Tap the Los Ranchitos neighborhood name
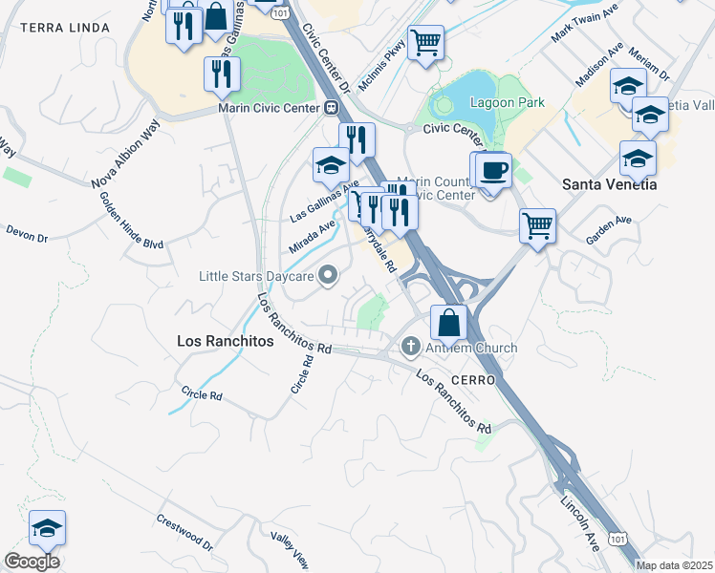pyautogui.click(x=226, y=340)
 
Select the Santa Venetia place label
pyautogui.click(x=609, y=184)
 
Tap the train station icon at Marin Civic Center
pyautogui.click(x=331, y=107)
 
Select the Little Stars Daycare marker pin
pyautogui.click(x=329, y=277)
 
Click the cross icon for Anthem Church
pyautogui.click(x=410, y=347)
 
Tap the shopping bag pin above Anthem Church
pyautogui.click(x=448, y=322)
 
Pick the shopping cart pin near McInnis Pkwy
pyautogui.click(x=424, y=41)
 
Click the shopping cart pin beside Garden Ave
pyautogui.click(x=537, y=226)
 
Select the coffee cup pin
pyautogui.click(x=493, y=170)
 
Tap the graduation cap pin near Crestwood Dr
pyautogui.click(x=47, y=527)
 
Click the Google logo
pyautogui.click(x=32, y=562)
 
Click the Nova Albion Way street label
pyautogui.click(x=125, y=168)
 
